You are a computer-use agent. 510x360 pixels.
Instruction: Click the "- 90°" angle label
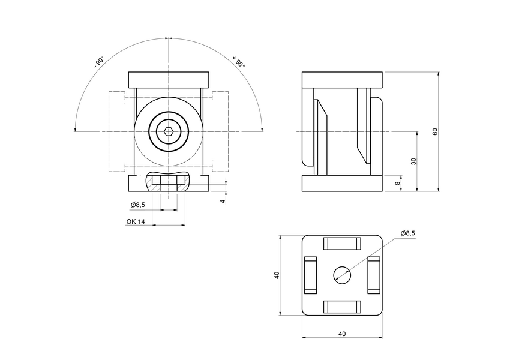coord(99,62)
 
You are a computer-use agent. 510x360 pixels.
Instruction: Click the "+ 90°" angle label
coord(239,61)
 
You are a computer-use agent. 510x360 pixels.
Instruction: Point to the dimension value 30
coord(414,161)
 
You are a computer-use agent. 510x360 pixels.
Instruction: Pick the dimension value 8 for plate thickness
coord(397,183)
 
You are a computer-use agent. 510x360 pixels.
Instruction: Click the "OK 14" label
coord(136,221)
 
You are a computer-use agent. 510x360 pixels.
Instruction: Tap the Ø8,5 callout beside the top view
coord(408,233)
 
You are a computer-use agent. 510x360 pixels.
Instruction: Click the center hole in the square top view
coord(343,275)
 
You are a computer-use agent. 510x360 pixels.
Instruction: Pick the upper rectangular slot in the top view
coord(342,244)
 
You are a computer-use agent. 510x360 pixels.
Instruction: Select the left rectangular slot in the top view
coord(310,275)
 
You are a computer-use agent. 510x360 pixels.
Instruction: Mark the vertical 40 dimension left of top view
coord(277,275)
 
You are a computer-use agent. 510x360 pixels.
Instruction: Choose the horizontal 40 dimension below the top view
coord(342,334)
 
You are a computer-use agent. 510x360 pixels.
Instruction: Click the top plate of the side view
coord(342,79)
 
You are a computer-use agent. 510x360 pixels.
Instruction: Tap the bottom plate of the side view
coord(342,183)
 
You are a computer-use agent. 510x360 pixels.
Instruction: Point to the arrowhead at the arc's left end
coord(74,128)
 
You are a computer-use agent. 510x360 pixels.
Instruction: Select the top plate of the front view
coord(170,79)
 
